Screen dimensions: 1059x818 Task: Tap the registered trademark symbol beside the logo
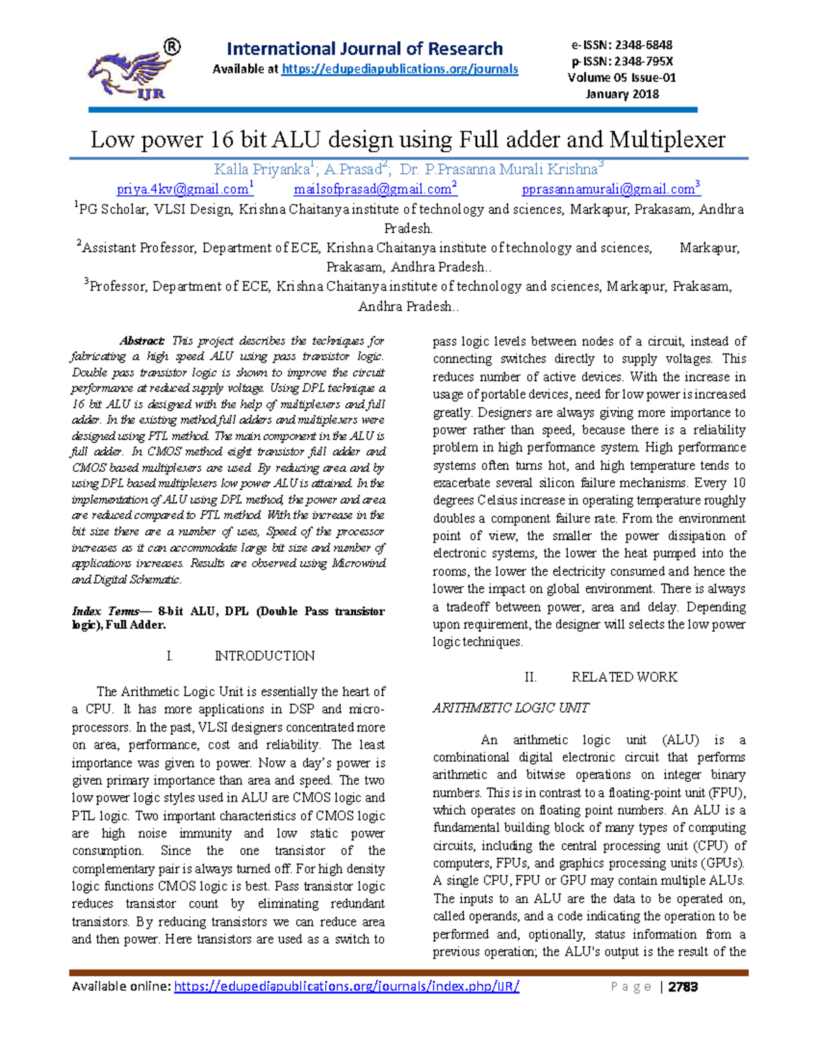172,47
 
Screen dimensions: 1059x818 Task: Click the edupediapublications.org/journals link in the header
399,69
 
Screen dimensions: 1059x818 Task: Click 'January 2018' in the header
622,94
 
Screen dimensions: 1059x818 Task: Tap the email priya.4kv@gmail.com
182,190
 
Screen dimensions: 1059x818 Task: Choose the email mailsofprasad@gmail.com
373,190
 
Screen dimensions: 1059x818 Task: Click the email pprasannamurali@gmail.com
608,190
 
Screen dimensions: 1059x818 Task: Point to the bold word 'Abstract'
142,340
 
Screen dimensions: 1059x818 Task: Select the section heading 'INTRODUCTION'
264,656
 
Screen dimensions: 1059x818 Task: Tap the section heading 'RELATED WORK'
624,677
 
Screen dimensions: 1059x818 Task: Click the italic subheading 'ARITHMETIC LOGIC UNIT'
511,708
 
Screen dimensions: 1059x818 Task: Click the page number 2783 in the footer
683,987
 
